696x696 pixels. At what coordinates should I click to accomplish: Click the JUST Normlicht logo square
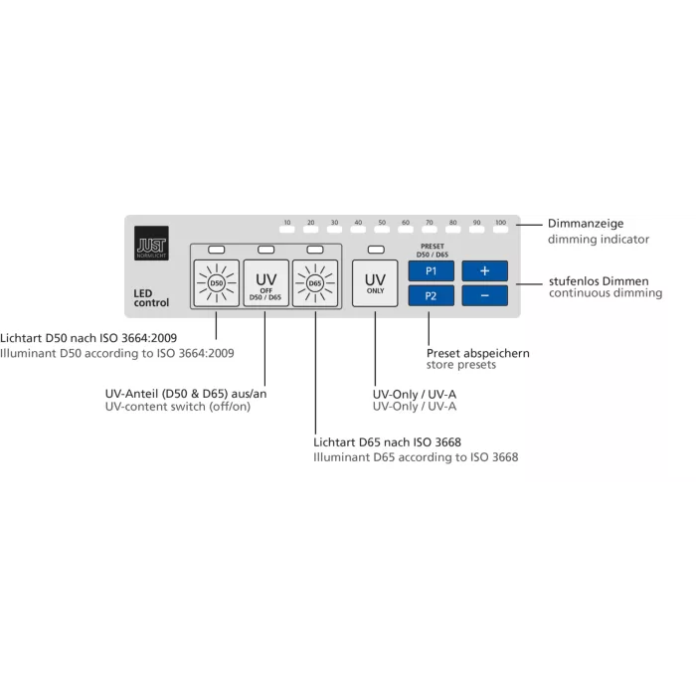tap(151, 243)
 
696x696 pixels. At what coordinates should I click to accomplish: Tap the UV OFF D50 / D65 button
tap(266, 283)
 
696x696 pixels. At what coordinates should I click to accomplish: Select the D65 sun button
tap(315, 283)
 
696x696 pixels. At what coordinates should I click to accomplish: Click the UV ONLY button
tap(375, 283)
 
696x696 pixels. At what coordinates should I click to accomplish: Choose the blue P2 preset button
tap(431, 295)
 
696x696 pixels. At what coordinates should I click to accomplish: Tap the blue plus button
tap(485, 270)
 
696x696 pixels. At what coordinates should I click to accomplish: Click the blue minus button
tap(485, 295)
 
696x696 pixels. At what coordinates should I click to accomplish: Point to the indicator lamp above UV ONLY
tap(376, 250)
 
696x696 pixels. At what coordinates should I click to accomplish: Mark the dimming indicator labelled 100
tap(501, 230)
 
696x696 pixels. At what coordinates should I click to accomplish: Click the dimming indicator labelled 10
tap(287, 230)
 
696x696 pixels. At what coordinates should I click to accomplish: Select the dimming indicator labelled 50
tap(382, 230)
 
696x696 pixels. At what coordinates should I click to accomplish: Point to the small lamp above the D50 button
tap(217, 250)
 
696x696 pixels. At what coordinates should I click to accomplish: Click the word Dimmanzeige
tap(586, 224)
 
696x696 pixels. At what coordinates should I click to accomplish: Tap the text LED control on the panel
tap(151, 298)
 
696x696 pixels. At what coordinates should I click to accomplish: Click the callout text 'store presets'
tap(461, 365)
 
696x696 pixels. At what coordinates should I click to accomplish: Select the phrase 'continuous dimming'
tap(606, 293)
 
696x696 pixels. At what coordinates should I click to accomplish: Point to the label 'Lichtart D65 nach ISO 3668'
tap(387, 442)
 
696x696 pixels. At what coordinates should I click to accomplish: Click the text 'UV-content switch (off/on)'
tap(178, 407)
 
